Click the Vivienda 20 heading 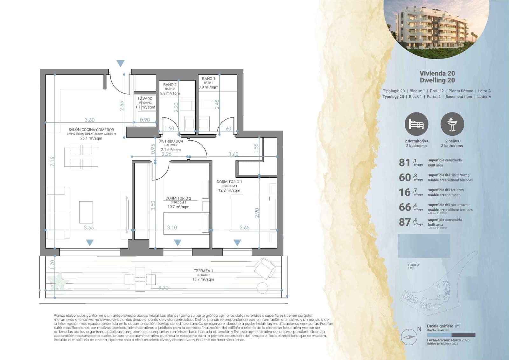coord(437,74)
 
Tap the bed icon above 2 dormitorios coord(416,124)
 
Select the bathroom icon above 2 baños coord(452,124)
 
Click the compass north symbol coord(409,337)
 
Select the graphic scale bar coord(451,335)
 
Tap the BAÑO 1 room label coord(208,79)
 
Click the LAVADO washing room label coord(145,99)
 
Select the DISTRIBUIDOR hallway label coord(171,141)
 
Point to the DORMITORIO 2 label coord(178,198)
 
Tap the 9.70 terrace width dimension coord(163,288)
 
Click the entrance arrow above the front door coord(120,63)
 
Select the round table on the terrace coord(262,288)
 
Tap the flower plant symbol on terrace coord(59,280)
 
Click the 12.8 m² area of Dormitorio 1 coord(229,190)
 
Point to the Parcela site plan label coord(413,265)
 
